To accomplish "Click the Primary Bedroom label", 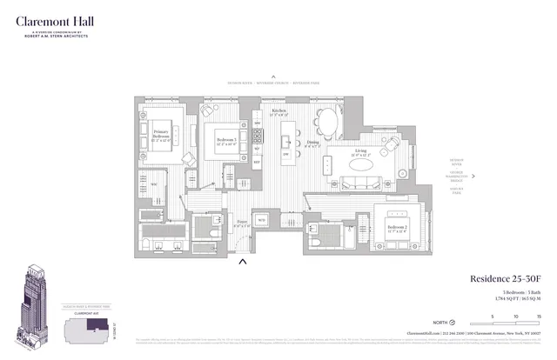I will point(162,135).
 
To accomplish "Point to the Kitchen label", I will point(279,112).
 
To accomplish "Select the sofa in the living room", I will point(360,183).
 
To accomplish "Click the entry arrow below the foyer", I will point(245,258).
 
